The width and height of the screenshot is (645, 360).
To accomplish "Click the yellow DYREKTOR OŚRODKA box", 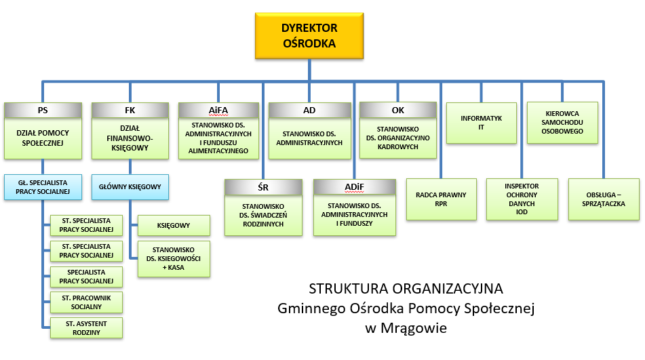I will point(309,35).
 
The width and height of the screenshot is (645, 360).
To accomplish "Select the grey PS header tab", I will point(42,110).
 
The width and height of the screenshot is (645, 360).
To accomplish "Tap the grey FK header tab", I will point(130,110).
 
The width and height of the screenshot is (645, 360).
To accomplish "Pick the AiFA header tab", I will point(218,110).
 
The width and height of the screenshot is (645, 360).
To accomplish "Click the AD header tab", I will point(308,110).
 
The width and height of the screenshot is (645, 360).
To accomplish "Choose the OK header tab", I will point(398,110).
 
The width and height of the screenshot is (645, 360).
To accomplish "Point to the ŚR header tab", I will point(264,187).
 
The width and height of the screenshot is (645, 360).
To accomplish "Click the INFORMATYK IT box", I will point(482,123).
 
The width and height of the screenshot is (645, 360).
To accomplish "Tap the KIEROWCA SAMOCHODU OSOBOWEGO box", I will point(563,123).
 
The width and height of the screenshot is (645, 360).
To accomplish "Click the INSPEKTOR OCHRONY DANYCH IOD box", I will point(522,199).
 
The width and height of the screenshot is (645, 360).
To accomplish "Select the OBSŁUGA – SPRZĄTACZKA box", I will point(604,199).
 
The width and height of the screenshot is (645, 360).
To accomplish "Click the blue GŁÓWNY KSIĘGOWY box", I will point(130,186).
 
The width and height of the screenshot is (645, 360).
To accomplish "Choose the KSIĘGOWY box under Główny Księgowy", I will point(174,225).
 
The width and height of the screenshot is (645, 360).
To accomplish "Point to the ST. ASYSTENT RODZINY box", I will point(86,327).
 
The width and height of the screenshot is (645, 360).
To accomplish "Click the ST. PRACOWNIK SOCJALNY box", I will point(86,302).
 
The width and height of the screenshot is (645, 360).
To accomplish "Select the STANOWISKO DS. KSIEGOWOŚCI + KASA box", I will point(174,258).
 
